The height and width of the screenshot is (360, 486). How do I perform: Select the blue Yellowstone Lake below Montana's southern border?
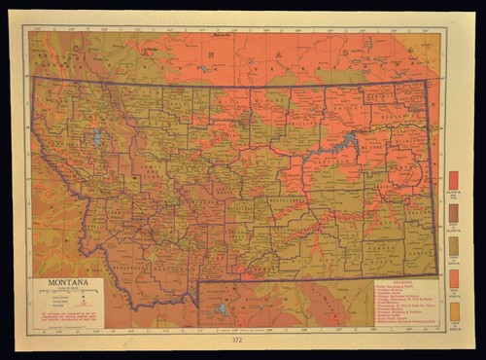tap(222, 309)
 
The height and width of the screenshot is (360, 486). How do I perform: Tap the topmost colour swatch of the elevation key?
tap(453, 180)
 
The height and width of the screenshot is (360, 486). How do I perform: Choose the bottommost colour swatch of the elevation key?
tap(453, 310)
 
